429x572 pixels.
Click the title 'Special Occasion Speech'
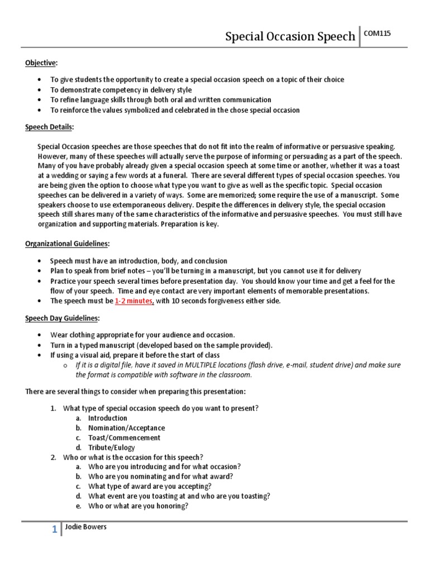[290, 37]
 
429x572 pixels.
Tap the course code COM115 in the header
[378, 34]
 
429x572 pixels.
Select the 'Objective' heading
[41, 63]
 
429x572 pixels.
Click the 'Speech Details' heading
[49, 127]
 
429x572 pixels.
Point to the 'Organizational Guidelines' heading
[67, 244]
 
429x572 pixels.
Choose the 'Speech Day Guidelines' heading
[62, 318]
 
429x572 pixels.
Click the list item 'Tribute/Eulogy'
[111, 447]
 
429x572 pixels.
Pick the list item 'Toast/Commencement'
[124, 437]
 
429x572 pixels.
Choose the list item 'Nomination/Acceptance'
[126, 428]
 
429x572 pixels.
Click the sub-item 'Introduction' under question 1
[107, 418]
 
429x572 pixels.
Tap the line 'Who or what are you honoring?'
[138, 506]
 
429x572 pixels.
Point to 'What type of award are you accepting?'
[149, 486]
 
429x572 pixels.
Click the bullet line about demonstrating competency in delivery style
[121, 89]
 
